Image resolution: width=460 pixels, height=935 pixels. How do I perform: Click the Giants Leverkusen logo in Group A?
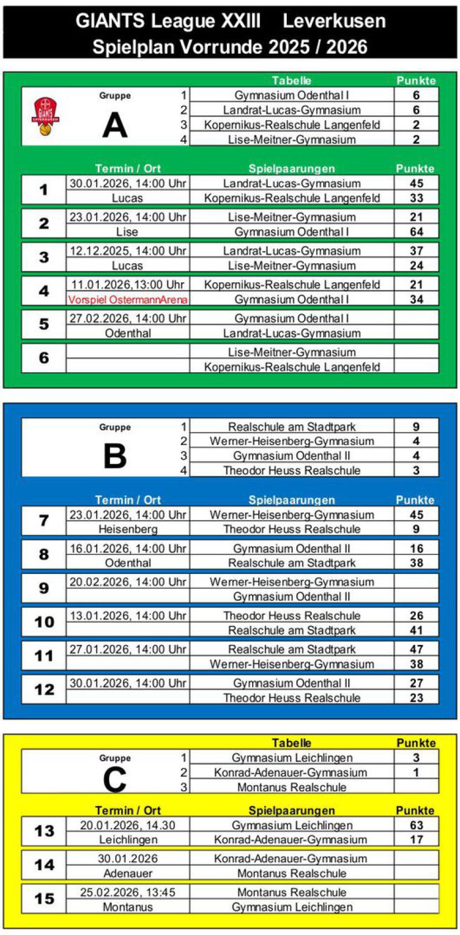[45, 116]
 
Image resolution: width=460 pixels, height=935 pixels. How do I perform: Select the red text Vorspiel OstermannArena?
[127, 300]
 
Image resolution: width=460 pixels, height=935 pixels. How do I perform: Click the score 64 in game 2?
[416, 232]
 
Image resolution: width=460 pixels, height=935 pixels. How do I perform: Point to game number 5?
[44, 325]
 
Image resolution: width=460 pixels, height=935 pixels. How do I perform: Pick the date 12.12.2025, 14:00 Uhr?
[127, 251]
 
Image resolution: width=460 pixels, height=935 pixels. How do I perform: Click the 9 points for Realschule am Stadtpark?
[416, 427]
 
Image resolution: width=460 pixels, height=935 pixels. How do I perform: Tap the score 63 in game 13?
[416, 825]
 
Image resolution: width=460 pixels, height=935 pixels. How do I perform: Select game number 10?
[44, 622]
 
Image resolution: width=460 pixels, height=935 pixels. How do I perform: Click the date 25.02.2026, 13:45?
[127, 893]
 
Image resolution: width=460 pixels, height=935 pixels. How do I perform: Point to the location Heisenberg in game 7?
[127, 529]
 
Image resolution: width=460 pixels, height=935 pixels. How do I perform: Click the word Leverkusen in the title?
[334, 21]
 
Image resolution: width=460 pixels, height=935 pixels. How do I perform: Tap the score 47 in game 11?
[416, 649]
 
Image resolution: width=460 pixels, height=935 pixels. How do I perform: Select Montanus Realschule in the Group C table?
[291, 787]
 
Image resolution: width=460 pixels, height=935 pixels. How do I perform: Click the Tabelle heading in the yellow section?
[291, 743]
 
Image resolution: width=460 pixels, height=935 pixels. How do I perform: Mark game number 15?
[44, 899]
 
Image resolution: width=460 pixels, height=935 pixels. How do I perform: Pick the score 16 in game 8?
[416, 549]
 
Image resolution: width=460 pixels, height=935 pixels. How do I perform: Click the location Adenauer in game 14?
[127, 874]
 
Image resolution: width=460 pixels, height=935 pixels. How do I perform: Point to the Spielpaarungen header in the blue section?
[291, 500]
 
